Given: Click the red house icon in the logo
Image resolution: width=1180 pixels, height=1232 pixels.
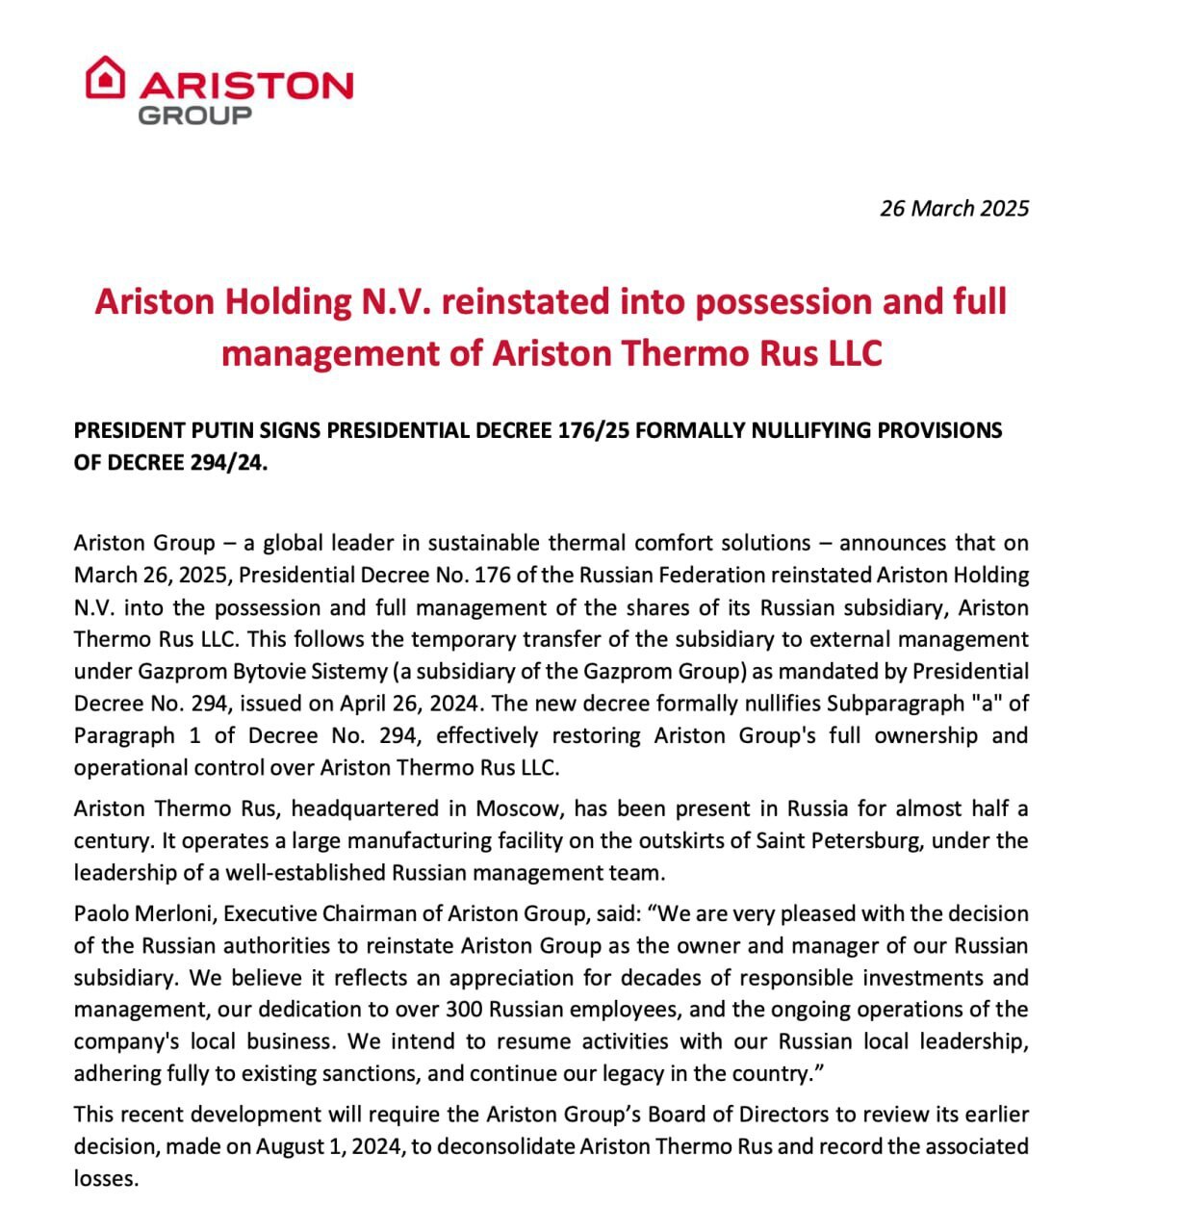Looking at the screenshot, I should [x=105, y=77].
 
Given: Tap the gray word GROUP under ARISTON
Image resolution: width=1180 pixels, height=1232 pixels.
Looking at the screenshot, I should [x=195, y=115].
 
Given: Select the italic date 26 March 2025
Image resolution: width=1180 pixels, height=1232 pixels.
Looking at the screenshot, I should [x=954, y=208].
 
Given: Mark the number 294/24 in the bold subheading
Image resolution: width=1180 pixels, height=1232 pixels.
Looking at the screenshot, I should [x=227, y=462].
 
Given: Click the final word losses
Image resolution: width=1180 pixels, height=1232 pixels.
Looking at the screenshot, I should [x=106, y=1179].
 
